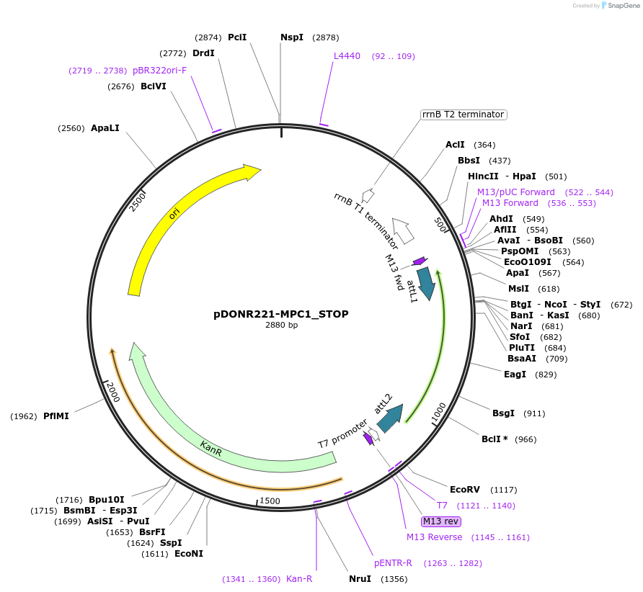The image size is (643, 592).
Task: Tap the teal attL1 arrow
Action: coord(427,284)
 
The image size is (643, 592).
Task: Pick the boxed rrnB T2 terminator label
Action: coord(463,115)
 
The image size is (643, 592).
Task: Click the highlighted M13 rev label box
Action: coord(441,521)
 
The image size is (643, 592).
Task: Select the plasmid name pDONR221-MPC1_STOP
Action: coord(281,314)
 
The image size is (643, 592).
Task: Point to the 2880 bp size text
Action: coord(281,326)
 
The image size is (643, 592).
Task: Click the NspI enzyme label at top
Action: coord(292,37)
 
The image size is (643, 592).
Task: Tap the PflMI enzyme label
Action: coord(56,416)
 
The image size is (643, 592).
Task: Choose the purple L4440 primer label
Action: coord(347,56)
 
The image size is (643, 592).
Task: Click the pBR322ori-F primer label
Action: coord(159,71)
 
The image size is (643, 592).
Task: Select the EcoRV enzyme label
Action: coord(464,490)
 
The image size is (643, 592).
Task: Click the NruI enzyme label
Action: coord(360,578)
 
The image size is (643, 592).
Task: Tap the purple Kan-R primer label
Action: coord(299,579)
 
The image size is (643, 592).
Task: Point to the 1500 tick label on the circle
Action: coord(270,501)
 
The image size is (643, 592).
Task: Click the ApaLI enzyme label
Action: coord(105,128)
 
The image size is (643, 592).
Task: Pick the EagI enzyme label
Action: coord(515,375)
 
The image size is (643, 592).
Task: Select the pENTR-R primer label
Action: coord(393,563)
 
